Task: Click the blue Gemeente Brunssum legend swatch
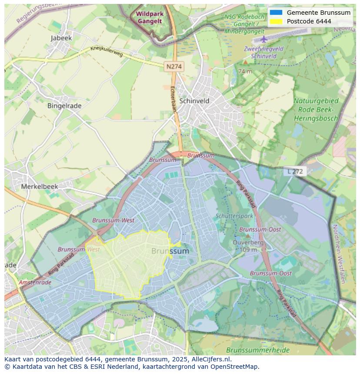point(276,13)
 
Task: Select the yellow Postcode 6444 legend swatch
point(276,21)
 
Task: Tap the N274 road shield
point(174,66)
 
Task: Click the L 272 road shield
point(296,172)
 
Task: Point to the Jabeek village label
point(61,38)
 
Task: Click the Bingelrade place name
point(64,106)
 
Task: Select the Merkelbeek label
point(40,186)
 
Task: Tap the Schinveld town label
point(194,101)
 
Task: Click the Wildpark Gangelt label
point(150,17)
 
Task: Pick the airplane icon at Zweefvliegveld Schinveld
point(264,39)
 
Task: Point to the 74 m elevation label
point(245,71)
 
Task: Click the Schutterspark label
point(234,216)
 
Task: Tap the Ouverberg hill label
point(248,243)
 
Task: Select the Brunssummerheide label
point(252,350)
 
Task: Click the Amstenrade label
point(35,282)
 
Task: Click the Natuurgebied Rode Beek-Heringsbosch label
point(316,109)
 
